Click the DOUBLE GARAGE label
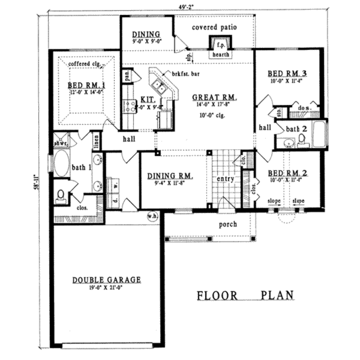[107, 280]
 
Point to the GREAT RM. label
[214, 97]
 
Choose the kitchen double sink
[159, 86]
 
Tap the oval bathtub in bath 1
[62, 164]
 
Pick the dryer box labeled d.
[114, 202]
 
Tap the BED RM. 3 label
[287, 73]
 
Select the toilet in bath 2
[302, 141]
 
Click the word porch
[228, 224]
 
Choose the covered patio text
[214, 27]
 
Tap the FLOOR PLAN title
[245, 295]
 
